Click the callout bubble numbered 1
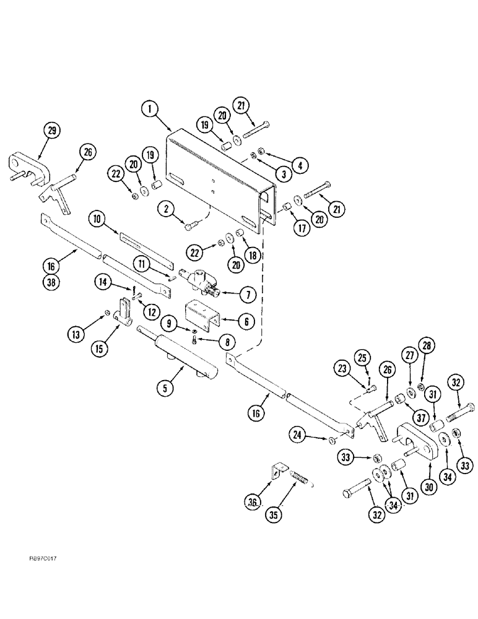coord(148,109)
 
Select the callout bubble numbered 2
coord(165,212)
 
